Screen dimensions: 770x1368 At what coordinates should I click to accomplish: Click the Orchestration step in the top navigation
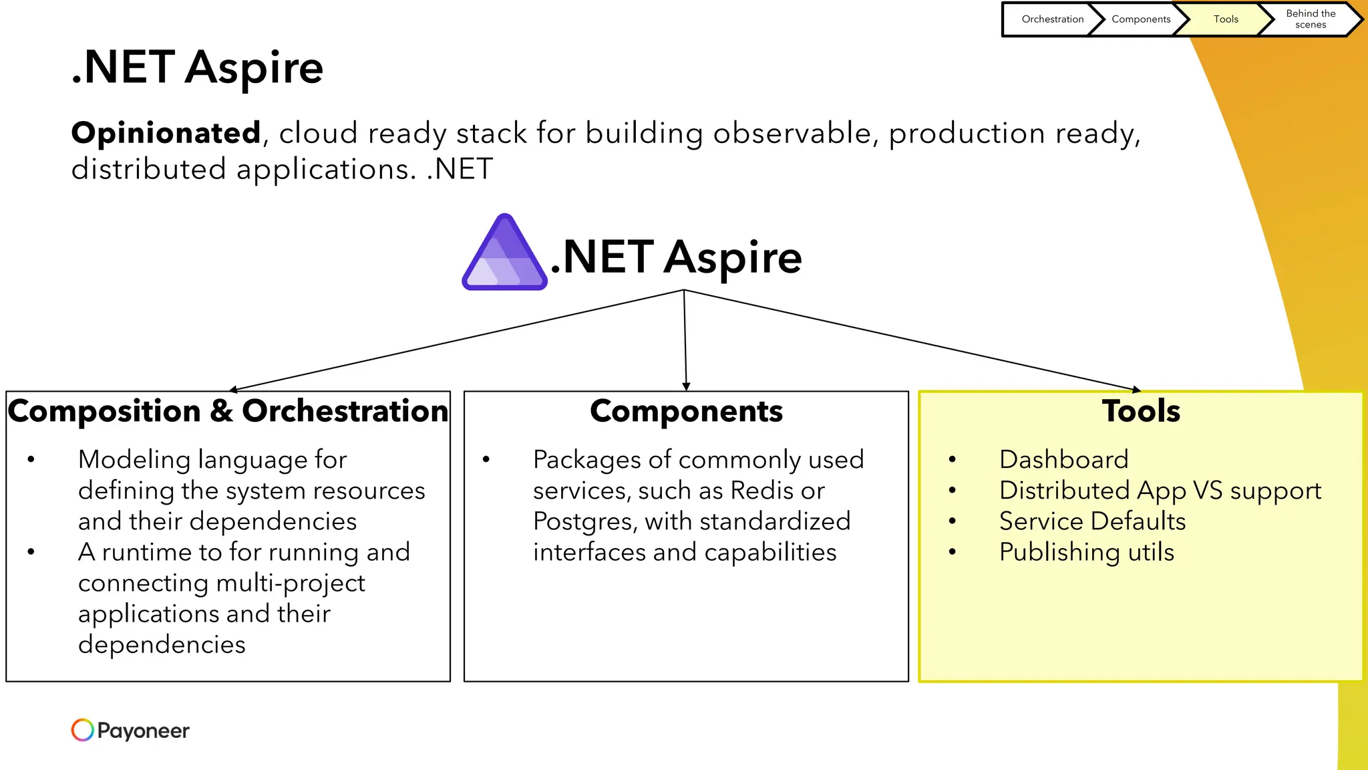1052,19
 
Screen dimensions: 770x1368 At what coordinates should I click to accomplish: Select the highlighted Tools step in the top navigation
1225,19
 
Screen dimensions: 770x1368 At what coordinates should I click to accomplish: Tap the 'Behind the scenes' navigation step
1310,19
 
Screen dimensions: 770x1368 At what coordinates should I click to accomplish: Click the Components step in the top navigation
1140,19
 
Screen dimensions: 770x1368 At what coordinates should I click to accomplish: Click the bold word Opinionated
166,133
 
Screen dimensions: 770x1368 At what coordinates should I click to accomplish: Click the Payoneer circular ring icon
82,730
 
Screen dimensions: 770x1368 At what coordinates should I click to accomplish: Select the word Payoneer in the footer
143,731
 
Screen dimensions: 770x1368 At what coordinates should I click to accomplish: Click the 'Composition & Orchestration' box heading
228,411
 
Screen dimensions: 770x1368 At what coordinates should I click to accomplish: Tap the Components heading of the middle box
686,411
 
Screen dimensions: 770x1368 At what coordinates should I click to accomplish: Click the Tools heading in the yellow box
1141,411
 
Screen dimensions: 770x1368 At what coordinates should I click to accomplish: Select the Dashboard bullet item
1063,460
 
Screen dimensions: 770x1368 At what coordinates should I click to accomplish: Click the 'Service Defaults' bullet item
1092,521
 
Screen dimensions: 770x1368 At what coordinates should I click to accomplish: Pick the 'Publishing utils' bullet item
1086,552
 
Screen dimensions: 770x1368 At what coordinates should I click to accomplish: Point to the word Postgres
584,521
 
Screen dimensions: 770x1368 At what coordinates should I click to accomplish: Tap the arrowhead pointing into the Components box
686,386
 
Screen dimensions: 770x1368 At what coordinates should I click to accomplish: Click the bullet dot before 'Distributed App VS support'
952,491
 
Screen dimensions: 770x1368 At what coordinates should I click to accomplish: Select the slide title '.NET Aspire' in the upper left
197,68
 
